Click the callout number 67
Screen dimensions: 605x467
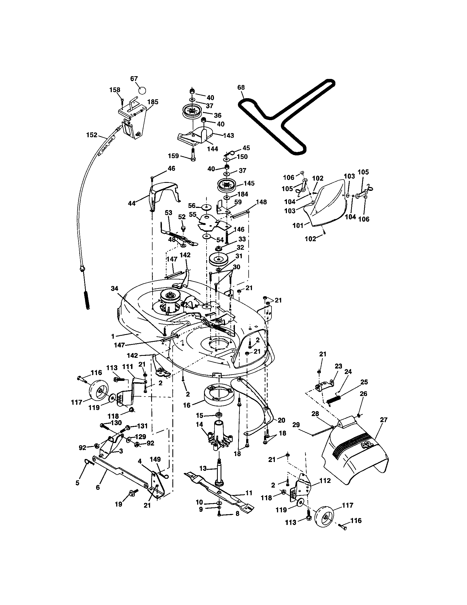pos(134,79)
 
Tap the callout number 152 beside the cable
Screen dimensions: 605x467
pos(92,135)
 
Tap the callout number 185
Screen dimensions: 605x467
pos(153,102)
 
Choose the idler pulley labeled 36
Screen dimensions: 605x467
pos(191,111)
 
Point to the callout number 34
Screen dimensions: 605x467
pos(115,289)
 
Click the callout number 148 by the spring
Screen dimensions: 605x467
pos(261,202)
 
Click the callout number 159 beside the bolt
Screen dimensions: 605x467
pos(173,156)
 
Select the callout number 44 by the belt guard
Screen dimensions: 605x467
pos(132,203)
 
